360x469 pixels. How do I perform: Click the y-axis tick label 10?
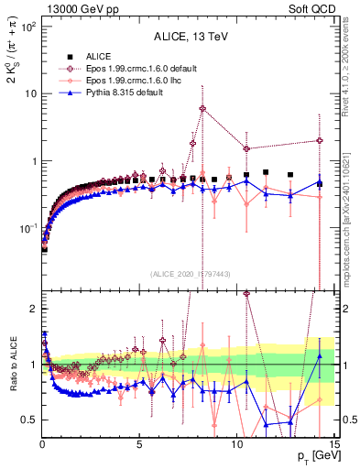pos(29,93)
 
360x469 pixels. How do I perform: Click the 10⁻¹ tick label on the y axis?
pos(27,228)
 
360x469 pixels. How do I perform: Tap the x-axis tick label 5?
pos(139,444)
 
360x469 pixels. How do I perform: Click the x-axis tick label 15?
pos(333,444)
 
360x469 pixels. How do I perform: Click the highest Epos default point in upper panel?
pos(202,108)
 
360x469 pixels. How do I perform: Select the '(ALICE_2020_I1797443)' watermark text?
pos(190,274)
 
